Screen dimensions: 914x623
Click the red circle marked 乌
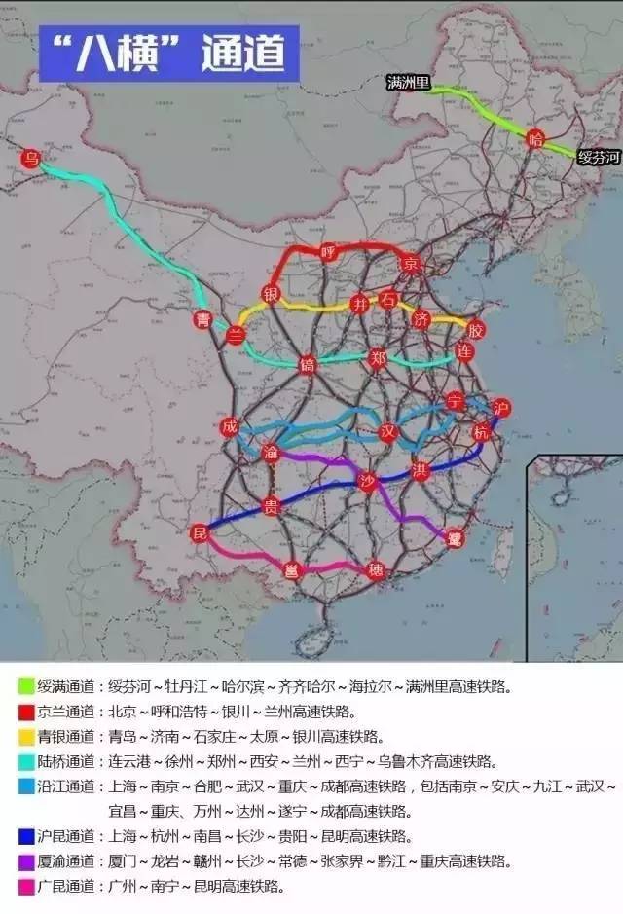[x=32, y=158]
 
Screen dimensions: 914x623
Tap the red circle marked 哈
[x=535, y=138]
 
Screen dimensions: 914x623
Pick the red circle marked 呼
[x=328, y=252]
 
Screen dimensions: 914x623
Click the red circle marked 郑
[x=378, y=357]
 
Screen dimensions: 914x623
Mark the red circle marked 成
[x=229, y=427]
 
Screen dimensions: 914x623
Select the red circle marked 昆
[x=200, y=532]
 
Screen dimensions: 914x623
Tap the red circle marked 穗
[x=376, y=570]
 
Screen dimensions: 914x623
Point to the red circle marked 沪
[x=501, y=406]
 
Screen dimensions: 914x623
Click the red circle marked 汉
[x=388, y=431]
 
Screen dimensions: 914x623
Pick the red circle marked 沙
[x=366, y=481]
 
